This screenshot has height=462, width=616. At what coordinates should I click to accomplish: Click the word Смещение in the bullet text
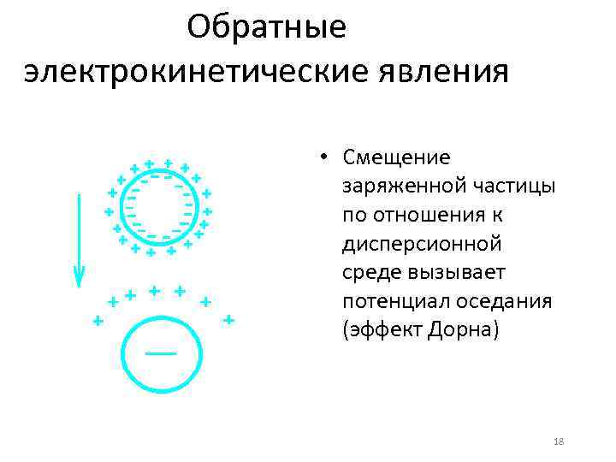tap(395, 157)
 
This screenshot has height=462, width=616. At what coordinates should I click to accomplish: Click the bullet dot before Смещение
tap(325, 158)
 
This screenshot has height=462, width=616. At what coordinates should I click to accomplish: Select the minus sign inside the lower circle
tap(160, 352)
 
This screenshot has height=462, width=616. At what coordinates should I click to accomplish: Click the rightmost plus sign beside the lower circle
tap(228, 320)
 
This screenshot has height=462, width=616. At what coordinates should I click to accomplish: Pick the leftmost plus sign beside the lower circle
tap(98, 321)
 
